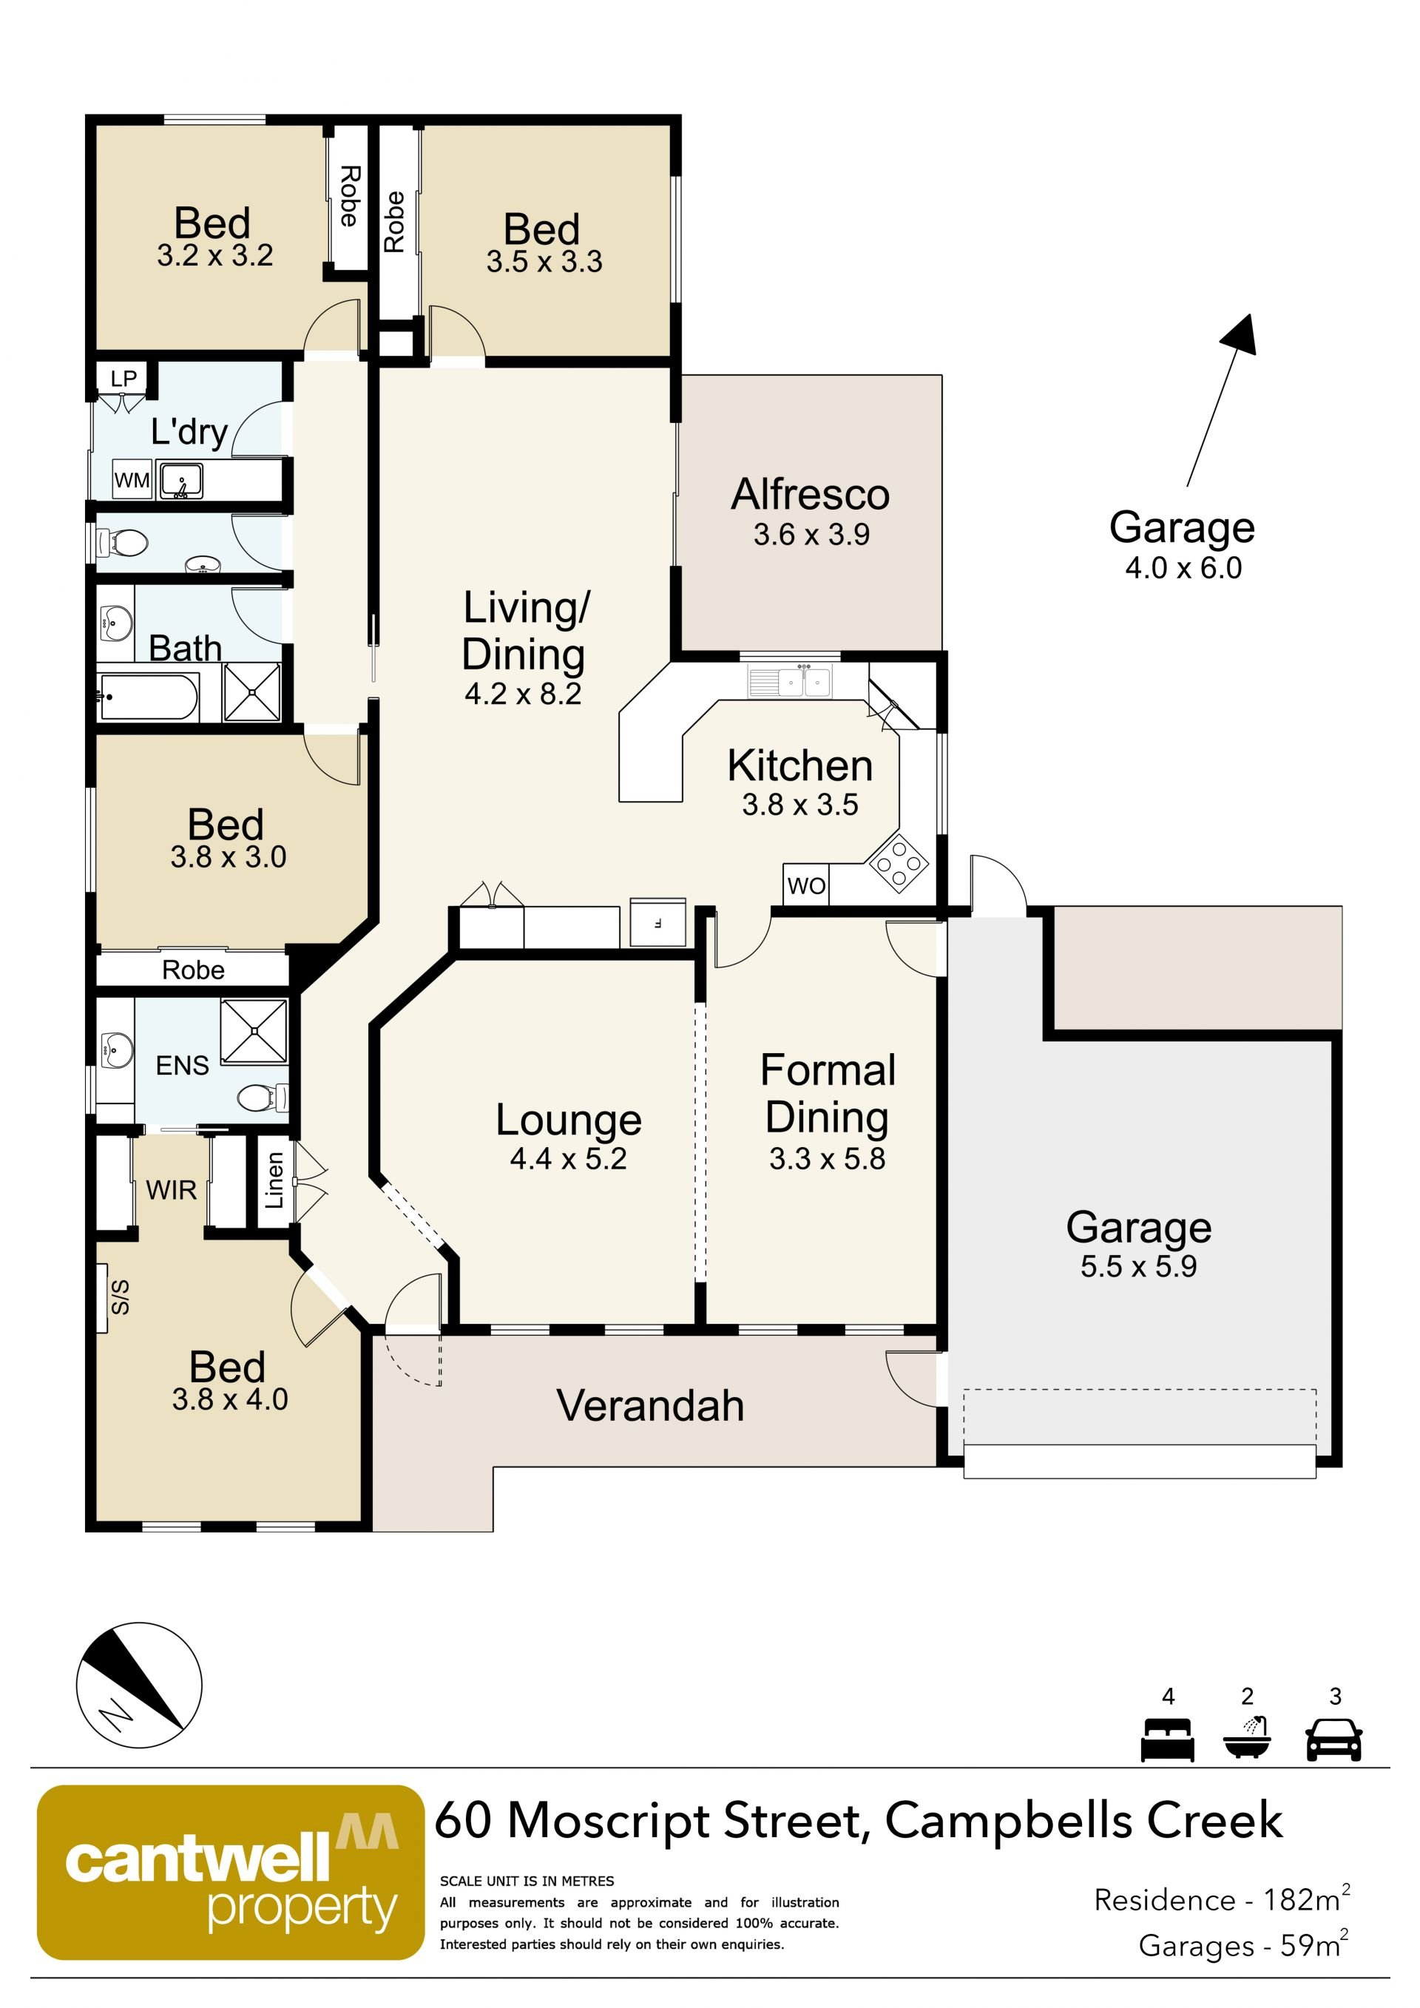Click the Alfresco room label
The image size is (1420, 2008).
pyautogui.click(x=811, y=494)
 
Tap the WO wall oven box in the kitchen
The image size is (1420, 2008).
pyautogui.click(x=805, y=885)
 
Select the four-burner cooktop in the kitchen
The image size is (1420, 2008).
pyautogui.click(x=897, y=862)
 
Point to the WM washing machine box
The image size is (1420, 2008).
pyautogui.click(x=132, y=480)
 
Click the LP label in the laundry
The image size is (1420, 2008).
pyautogui.click(x=124, y=379)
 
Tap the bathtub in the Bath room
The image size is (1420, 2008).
pyautogui.click(x=148, y=697)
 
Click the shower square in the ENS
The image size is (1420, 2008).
pyautogui.click(x=254, y=1031)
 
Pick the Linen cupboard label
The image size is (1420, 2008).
pyautogui.click(x=274, y=1180)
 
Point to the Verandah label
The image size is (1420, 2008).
pyautogui.click(x=651, y=1406)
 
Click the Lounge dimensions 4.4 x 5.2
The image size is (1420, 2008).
pyautogui.click(x=568, y=1159)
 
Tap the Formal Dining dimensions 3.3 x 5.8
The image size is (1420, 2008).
pyautogui.click(x=827, y=1159)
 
